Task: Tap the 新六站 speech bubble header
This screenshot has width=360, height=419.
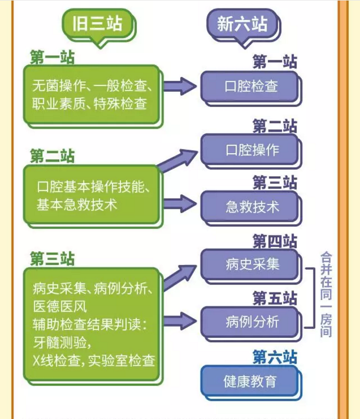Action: click(x=241, y=24)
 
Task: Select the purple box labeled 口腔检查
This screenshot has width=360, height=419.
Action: click(x=250, y=86)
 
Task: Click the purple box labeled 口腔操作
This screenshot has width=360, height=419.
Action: click(x=250, y=149)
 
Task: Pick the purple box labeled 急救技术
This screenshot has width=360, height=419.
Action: click(x=250, y=207)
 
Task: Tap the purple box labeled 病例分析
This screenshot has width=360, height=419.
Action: click(x=250, y=322)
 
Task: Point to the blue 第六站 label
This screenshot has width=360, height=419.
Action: click(x=274, y=356)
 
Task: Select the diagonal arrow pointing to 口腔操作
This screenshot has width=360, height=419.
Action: click(x=179, y=160)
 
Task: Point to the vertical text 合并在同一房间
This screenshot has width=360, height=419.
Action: click(x=326, y=294)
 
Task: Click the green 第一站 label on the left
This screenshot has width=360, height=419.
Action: click(x=52, y=58)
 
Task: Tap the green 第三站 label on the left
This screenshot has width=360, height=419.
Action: click(x=52, y=259)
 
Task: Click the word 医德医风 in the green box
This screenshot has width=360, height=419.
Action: click(x=60, y=307)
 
